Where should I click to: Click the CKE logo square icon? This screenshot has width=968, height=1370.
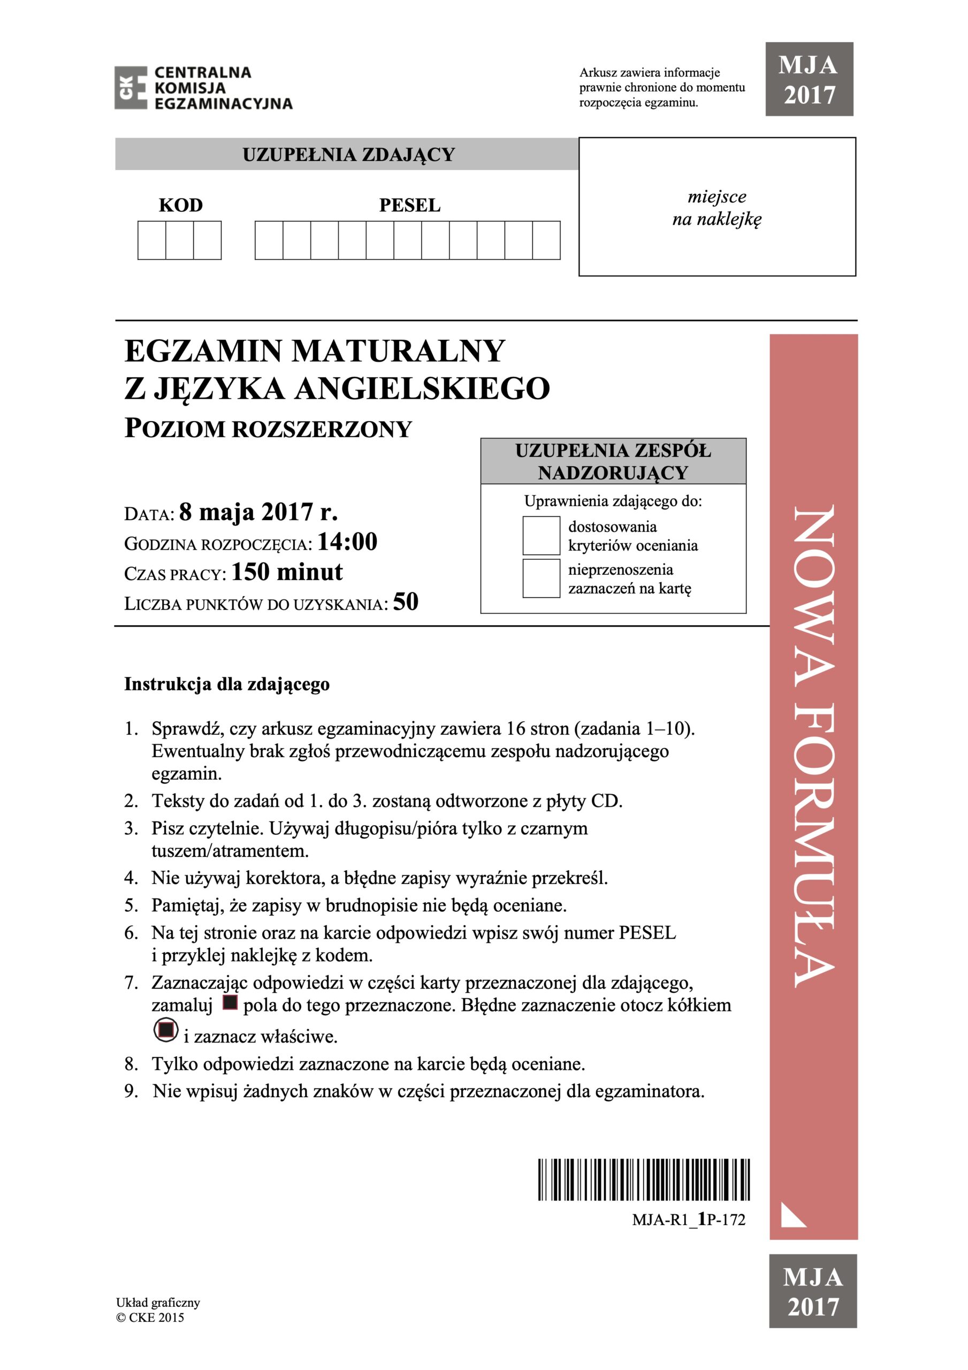click(131, 88)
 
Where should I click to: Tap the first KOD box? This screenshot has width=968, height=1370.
click(151, 240)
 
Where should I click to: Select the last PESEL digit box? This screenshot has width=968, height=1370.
click(546, 240)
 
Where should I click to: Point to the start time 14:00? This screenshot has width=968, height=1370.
click(347, 542)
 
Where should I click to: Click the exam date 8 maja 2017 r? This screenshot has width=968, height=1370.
click(258, 512)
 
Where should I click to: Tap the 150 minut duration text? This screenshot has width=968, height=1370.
click(287, 572)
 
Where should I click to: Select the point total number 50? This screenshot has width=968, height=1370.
click(406, 602)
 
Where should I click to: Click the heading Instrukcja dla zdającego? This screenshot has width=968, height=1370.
click(227, 684)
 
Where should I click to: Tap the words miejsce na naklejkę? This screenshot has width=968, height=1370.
click(717, 208)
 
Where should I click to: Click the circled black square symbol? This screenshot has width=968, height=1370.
click(166, 1030)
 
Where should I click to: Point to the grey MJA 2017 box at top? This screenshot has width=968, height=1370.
click(809, 79)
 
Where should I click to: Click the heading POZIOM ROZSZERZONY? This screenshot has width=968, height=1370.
click(268, 429)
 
